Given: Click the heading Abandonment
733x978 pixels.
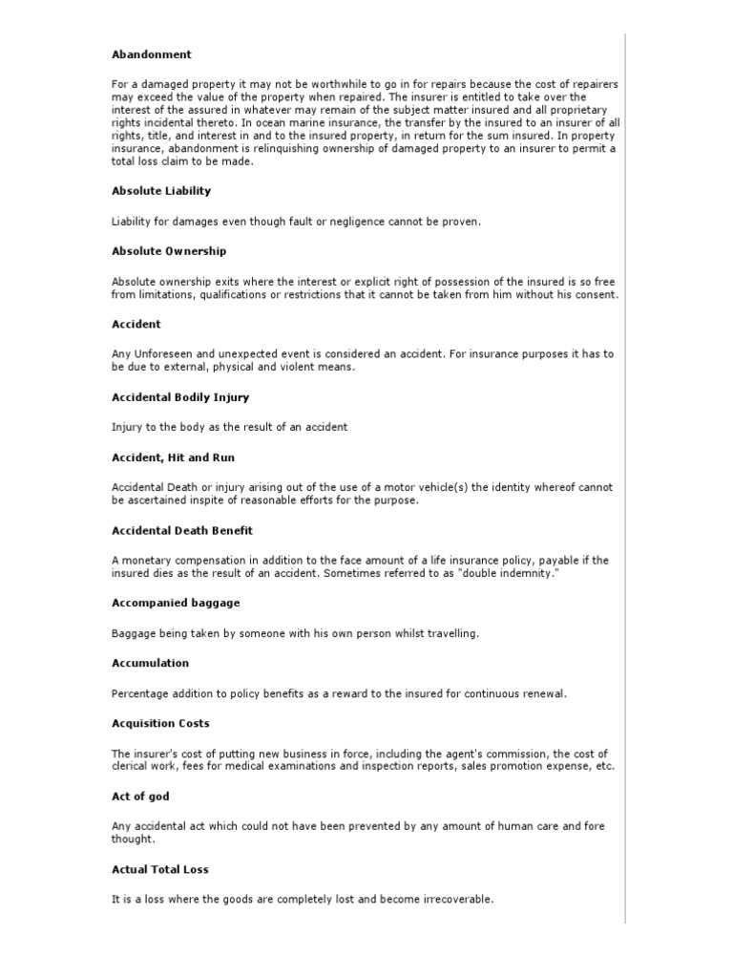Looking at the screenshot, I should (x=152, y=54).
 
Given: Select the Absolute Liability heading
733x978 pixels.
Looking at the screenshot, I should (x=161, y=191).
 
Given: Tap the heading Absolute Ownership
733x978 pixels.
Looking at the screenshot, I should (x=169, y=251).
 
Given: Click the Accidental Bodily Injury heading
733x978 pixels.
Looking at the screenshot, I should (x=180, y=397).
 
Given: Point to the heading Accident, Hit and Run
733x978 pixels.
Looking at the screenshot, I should (x=173, y=457).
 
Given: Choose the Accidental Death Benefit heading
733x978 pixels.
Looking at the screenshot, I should (x=182, y=530).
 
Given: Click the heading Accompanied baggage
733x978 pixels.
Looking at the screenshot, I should (x=176, y=604).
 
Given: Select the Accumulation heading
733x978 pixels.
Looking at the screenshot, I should (x=151, y=664).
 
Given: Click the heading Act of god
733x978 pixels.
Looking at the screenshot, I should (x=141, y=797).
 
